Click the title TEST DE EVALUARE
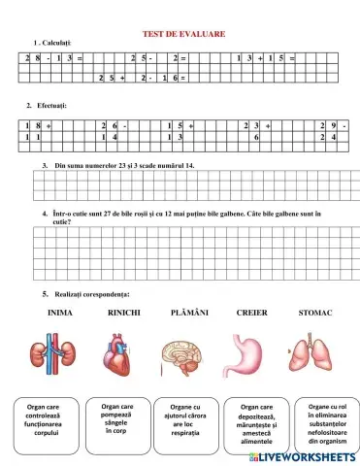coord(184,34)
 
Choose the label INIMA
coord(60,313)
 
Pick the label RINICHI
coord(123,313)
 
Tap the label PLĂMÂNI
coord(188,313)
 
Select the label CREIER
coord(251,313)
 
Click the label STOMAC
coord(315,313)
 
